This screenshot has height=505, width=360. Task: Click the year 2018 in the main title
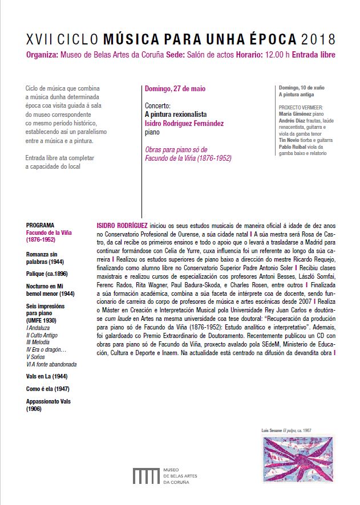(x=317, y=39)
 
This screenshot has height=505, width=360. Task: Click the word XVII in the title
(x=39, y=39)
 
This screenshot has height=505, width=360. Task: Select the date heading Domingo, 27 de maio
(x=174, y=89)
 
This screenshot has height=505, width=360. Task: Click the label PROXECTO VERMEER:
(x=301, y=107)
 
